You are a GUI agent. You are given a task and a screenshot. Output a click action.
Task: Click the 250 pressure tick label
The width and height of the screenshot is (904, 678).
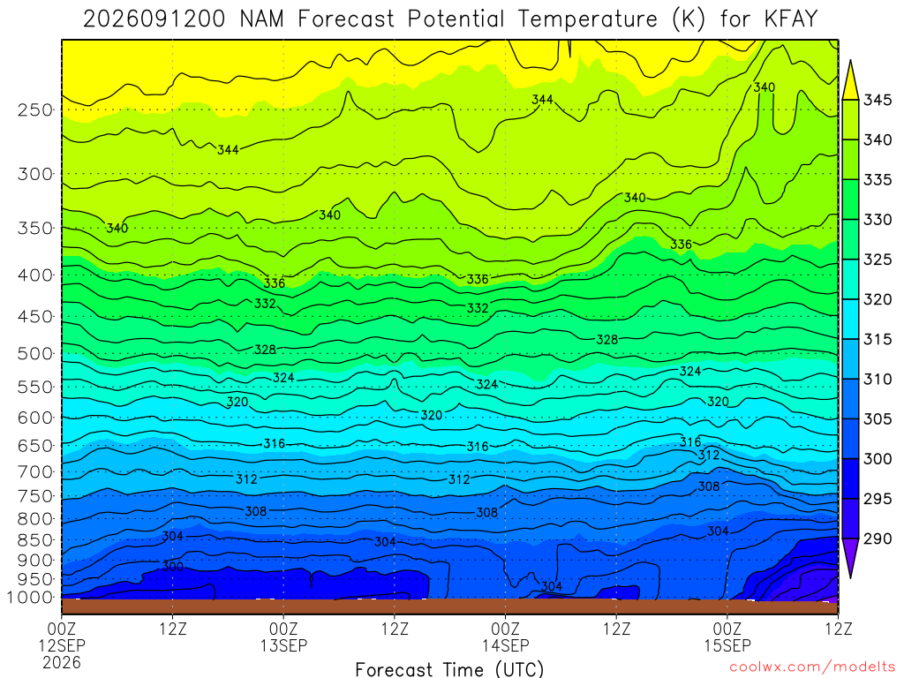point(35,109)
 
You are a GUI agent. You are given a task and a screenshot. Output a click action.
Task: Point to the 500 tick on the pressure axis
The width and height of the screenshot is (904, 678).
point(35,353)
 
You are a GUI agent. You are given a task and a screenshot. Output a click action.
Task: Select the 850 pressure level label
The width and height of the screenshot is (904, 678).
point(35,540)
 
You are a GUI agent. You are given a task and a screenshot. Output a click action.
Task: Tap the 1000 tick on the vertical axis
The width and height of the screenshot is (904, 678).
point(31,598)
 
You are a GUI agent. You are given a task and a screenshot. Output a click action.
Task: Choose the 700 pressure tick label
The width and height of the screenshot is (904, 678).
point(35,471)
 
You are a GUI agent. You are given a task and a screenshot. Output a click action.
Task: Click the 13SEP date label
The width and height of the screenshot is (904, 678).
point(283,645)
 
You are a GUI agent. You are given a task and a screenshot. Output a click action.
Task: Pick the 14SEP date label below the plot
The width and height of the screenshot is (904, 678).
point(506,645)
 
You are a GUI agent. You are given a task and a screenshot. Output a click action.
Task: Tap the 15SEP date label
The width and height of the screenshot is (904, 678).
point(727,645)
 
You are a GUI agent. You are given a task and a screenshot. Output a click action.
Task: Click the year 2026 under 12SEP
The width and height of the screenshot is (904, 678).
point(62,663)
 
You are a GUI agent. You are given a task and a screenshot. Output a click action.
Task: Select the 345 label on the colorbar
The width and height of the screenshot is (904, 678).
point(877,100)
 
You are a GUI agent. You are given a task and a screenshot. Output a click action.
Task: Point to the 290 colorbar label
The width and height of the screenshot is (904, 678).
point(877,539)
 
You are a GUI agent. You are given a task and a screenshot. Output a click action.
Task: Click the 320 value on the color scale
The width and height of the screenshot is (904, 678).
point(877,299)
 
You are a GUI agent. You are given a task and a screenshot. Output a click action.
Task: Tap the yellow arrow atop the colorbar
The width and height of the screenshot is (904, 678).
point(850,80)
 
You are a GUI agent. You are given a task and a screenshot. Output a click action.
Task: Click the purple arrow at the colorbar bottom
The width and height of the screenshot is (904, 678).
point(850,556)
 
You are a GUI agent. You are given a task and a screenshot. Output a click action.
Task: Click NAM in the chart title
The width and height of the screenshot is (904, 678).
point(261,19)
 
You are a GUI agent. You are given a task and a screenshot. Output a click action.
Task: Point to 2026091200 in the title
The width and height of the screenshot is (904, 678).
point(154,19)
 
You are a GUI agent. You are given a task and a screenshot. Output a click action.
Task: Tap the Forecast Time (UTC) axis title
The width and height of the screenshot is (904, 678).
point(449,669)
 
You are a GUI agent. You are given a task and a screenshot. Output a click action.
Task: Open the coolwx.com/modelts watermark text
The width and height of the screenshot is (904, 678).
point(812,667)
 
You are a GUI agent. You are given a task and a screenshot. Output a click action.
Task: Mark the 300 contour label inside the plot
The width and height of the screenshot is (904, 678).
point(173,567)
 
